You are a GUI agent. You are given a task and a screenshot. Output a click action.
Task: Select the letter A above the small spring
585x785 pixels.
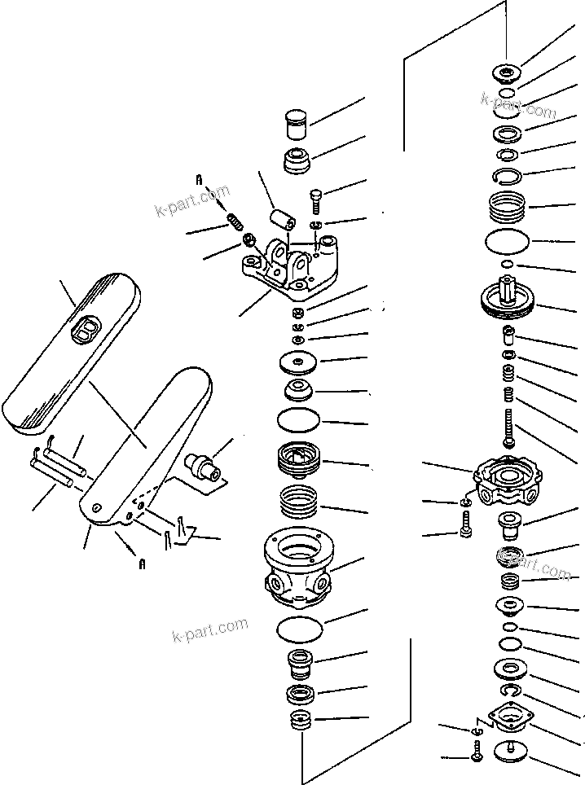[197, 179]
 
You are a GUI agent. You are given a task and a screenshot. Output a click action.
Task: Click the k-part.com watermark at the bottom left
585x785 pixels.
[209, 628]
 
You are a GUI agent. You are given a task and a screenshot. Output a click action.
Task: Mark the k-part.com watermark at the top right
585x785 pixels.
[518, 104]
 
